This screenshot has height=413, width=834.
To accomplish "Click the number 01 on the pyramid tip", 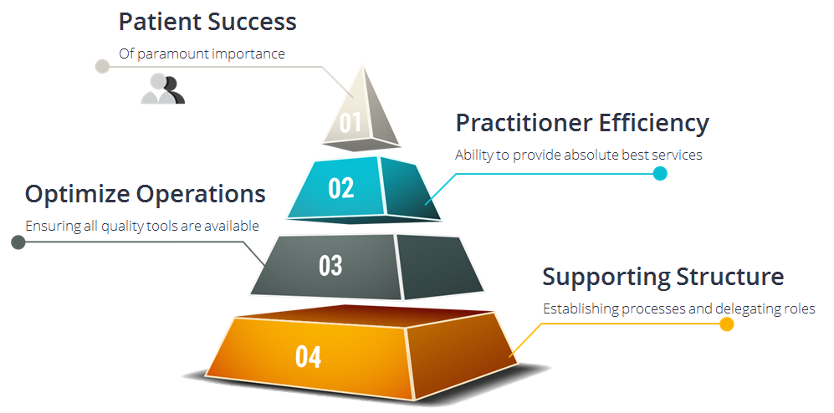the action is [x=350, y=122].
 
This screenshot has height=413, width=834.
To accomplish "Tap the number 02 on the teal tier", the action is [x=341, y=188].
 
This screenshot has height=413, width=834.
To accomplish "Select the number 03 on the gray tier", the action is [x=330, y=266].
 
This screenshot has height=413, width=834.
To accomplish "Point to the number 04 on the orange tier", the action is [x=309, y=357].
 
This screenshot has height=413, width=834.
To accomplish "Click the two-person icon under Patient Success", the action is [x=163, y=89].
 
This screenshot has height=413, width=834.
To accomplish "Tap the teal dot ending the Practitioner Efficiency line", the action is [x=660, y=173].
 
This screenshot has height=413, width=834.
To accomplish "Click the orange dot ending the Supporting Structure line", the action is [x=727, y=324].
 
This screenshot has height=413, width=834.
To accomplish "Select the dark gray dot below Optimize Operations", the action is [x=18, y=242].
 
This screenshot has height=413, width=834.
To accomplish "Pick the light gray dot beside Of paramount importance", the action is [x=102, y=66].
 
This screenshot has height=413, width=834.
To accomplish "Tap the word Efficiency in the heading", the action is [x=653, y=124].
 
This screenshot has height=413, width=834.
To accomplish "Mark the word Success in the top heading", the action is [x=252, y=22].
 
